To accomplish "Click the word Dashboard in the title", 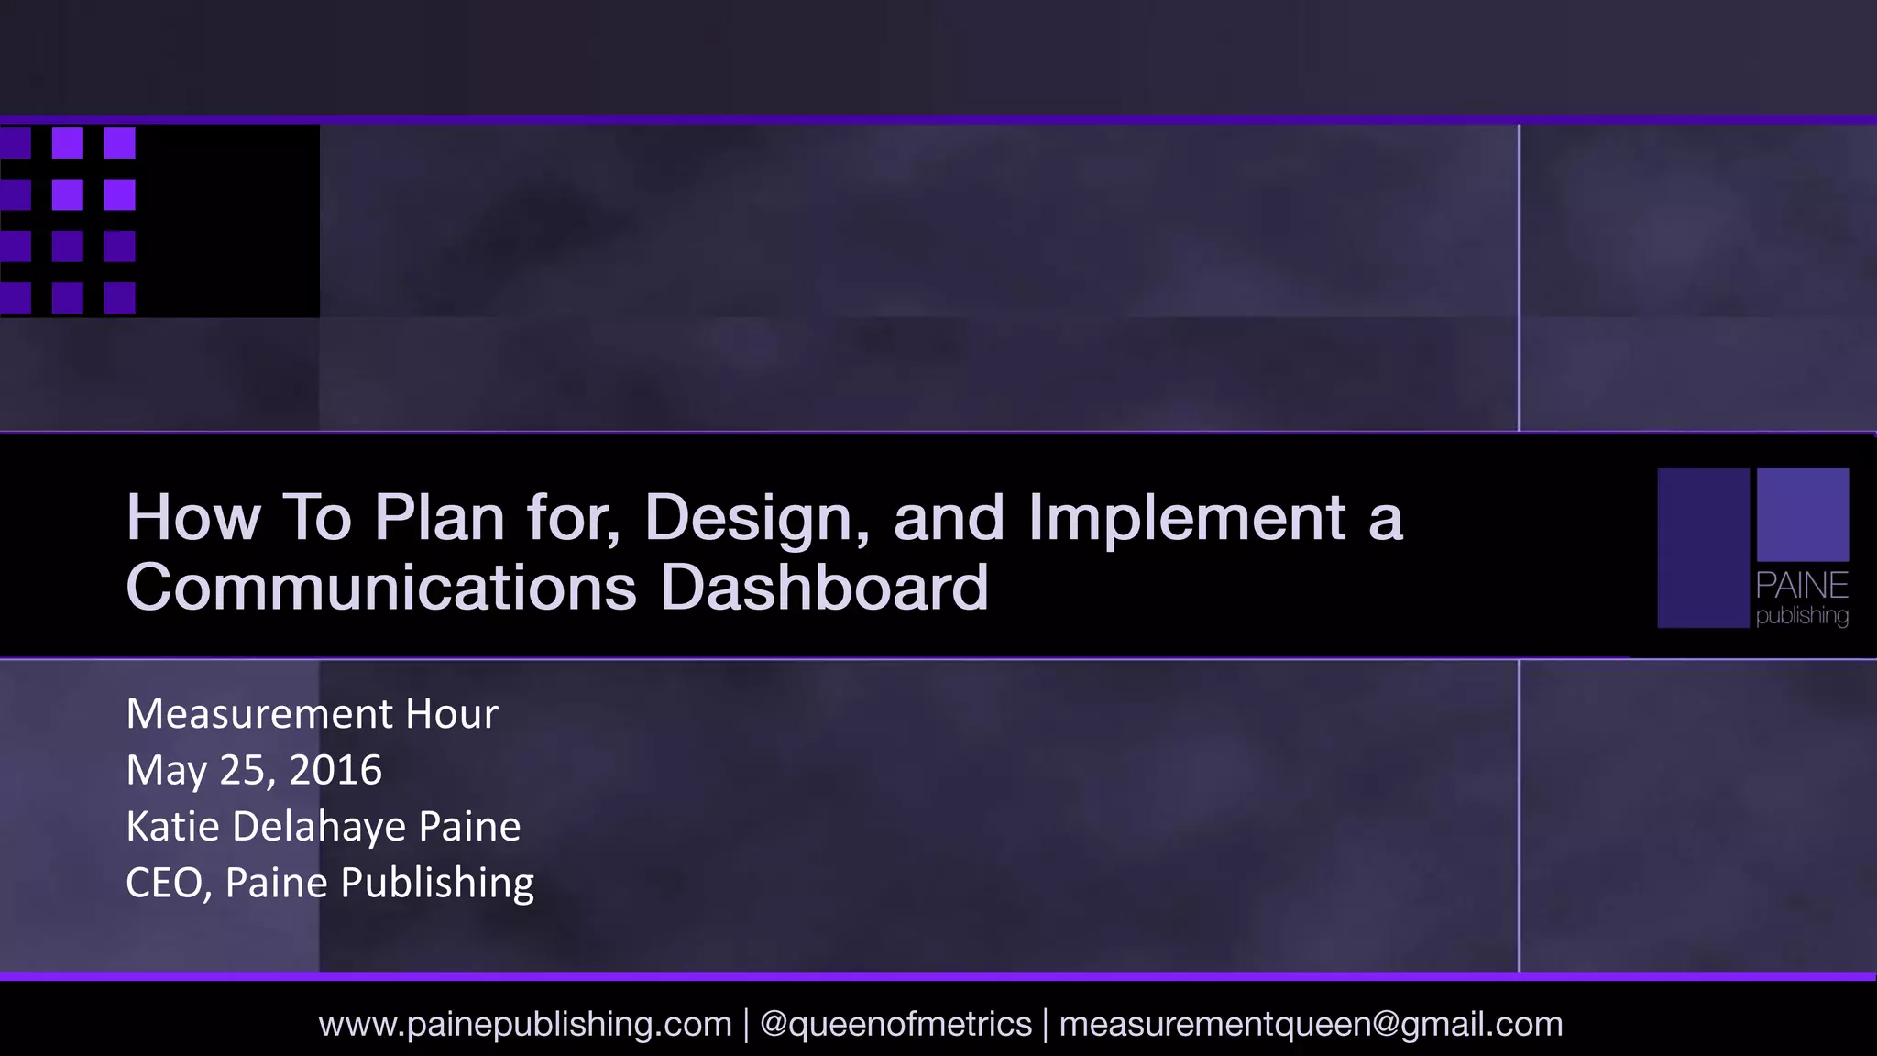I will click(x=824, y=588).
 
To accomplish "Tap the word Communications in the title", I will click(x=380, y=588).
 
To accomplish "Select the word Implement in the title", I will click(x=1187, y=519).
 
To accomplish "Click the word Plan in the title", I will click(x=439, y=517).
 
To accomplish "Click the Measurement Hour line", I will click(x=312, y=714).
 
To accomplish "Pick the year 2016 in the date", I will click(x=335, y=770).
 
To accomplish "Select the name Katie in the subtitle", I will click(x=172, y=826).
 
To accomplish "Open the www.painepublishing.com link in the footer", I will click(x=525, y=1024).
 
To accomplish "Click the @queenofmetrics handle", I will click(x=895, y=1024).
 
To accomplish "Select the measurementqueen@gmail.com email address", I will click(x=1311, y=1024).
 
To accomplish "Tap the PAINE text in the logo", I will click(x=1802, y=585).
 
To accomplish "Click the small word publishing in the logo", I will click(x=1802, y=615).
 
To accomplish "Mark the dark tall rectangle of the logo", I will click(x=1703, y=547).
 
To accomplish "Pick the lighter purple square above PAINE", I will click(x=1802, y=514).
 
